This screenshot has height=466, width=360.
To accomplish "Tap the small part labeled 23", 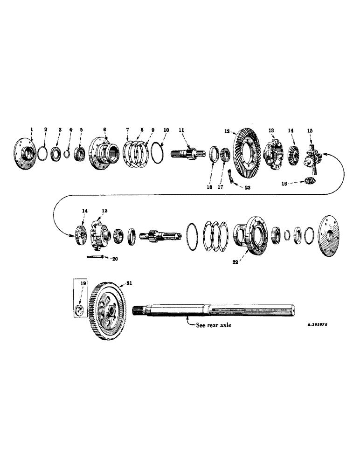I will tap(231, 177).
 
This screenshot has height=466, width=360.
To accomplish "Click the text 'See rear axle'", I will tap(211, 325).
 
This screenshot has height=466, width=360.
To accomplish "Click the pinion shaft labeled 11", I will tap(189, 154).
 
